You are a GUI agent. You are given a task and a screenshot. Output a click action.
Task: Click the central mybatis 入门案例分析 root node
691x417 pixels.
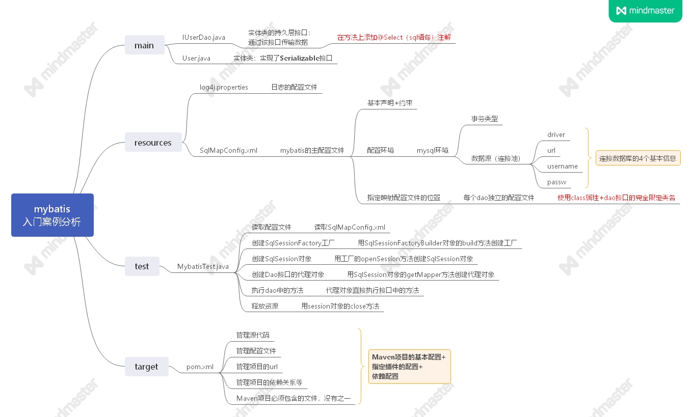[52, 215]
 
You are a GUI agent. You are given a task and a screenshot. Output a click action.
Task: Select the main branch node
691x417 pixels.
[144, 45]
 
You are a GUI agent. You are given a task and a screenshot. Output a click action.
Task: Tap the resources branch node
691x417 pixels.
[153, 143]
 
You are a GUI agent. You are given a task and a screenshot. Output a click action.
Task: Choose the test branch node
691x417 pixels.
[142, 266]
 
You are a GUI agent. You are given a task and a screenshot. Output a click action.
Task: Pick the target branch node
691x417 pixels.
[146, 367]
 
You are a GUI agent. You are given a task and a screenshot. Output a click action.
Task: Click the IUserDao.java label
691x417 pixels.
[204, 37]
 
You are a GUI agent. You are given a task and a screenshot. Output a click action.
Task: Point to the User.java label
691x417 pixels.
[196, 58]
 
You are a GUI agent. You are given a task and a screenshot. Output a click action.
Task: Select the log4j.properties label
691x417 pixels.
[224, 87]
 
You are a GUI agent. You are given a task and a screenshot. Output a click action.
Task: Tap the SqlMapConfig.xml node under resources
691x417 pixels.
[228, 150]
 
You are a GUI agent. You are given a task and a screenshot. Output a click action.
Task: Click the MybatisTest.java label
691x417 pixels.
[203, 266]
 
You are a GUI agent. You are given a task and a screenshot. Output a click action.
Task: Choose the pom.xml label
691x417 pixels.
[200, 367]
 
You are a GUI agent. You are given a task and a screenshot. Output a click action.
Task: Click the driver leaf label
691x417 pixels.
[556, 135]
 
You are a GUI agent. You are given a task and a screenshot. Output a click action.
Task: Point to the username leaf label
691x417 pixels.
[562, 166]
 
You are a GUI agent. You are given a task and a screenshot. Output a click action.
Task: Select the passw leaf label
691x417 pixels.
[556, 182]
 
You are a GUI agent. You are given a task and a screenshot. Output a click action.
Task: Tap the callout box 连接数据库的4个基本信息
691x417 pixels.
[637, 158]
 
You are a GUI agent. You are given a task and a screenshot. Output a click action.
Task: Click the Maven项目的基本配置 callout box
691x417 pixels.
[409, 367]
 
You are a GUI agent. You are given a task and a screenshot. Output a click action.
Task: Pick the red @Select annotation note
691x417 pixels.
[394, 37]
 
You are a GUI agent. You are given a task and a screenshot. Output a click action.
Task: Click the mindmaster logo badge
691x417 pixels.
[645, 11]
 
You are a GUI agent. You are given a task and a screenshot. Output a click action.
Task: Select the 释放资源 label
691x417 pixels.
[265, 306]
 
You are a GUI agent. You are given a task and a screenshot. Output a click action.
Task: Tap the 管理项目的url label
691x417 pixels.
[257, 367]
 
